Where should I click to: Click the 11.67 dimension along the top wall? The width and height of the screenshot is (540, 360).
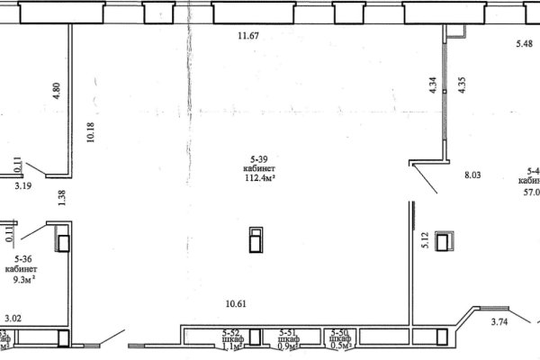tap(247, 36)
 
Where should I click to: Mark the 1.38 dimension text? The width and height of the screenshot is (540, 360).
tap(62, 199)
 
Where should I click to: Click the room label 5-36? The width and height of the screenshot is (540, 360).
tap(21, 257)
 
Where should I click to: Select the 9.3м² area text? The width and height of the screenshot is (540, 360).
tap(21, 279)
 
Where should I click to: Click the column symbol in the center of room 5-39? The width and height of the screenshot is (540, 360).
tap(256, 241)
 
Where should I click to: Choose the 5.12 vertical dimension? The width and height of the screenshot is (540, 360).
tap(425, 239)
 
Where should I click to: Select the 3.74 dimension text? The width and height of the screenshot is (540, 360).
tap(500, 321)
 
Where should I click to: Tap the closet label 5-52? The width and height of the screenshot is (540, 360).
tap(231, 332)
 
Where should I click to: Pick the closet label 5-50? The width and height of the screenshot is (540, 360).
tap(341, 332)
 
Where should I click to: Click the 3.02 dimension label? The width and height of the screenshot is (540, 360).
tap(13, 318)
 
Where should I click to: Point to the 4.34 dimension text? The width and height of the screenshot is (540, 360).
tap(433, 86)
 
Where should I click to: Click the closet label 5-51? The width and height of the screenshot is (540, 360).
tap(289, 332)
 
